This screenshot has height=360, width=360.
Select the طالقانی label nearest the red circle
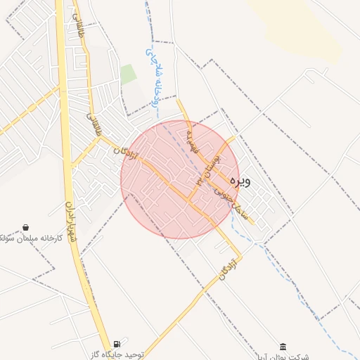[94, 125]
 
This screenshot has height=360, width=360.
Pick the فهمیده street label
[191, 141]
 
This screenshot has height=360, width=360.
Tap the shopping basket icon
[26, 228]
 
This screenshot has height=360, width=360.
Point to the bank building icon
[283, 347]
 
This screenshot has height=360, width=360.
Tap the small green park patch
[127, 74]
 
